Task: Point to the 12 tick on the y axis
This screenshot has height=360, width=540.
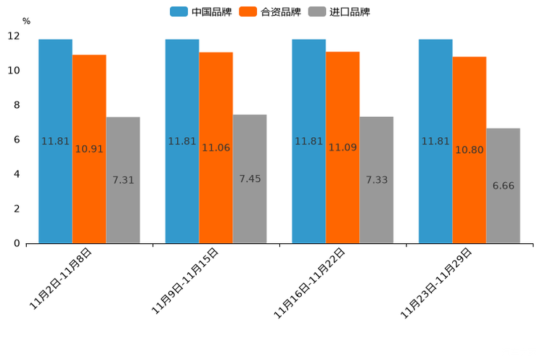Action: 14,36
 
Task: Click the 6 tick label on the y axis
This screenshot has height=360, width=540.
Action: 17,139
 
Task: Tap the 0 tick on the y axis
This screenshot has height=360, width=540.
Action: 17,243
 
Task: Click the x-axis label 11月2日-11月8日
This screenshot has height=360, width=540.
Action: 61,279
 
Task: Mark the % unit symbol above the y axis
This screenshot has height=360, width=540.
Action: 26,21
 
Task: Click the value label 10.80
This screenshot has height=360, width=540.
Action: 470,150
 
